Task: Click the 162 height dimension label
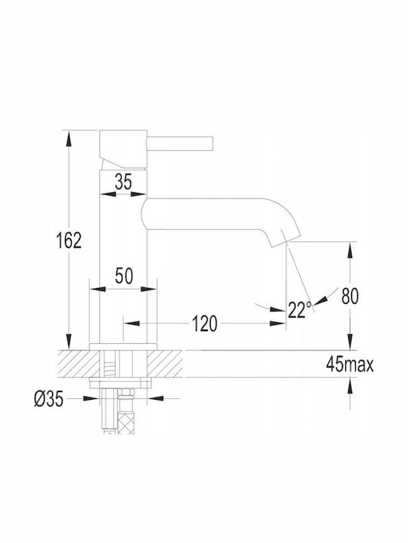click(69, 240)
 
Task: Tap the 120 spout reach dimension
click(205, 324)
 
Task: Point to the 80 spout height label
click(350, 296)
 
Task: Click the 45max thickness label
click(350, 364)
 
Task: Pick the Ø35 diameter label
click(49, 399)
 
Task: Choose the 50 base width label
click(124, 276)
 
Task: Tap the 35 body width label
click(123, 182)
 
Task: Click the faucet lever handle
click(180, 144)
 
